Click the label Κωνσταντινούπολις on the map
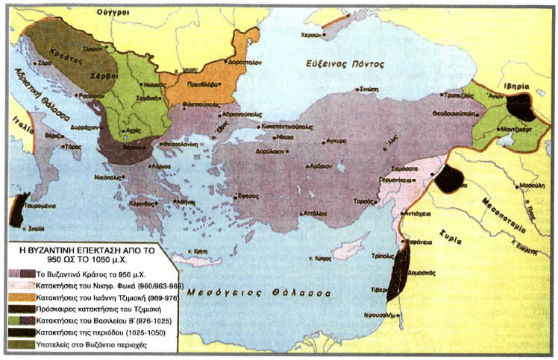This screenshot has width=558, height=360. coord(286,127)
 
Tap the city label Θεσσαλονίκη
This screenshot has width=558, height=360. coord(182,144)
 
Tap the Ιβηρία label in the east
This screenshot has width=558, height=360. coord(514,86)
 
